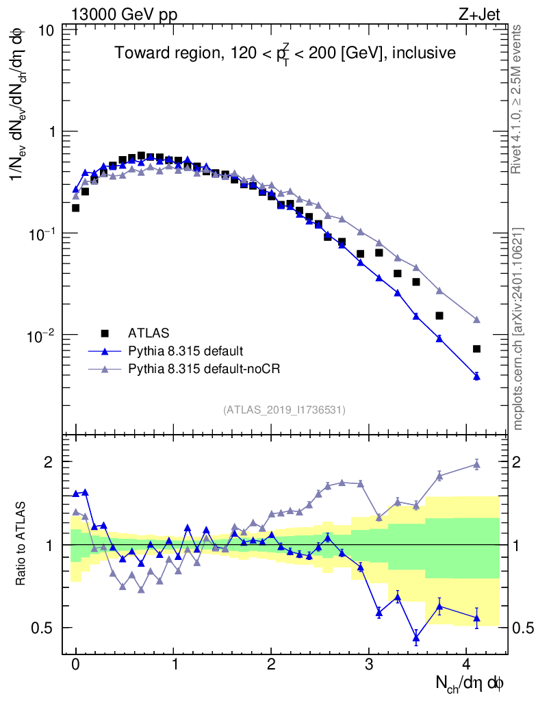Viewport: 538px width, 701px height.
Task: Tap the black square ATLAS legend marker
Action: [x=105, y=333]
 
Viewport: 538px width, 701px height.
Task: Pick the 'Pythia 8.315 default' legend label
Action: [x=185, y=351]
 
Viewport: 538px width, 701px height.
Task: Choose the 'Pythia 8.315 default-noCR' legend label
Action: [x=205, y=369]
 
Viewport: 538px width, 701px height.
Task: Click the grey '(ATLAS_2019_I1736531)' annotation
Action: [x=284, y=410]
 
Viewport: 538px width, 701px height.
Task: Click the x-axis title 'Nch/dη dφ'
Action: [x=470, y=683]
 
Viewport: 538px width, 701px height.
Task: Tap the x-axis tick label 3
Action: [x=370, y=663]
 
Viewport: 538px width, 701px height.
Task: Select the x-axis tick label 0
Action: [x=76, y=663]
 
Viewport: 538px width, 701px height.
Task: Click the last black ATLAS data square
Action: [x=476, y=349]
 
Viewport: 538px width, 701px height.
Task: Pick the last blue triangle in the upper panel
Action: [x=476, y=376]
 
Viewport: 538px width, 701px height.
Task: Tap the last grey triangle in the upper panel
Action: [x=476, y=320]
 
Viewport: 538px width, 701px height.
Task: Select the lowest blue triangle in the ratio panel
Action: [x=415, y=638]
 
